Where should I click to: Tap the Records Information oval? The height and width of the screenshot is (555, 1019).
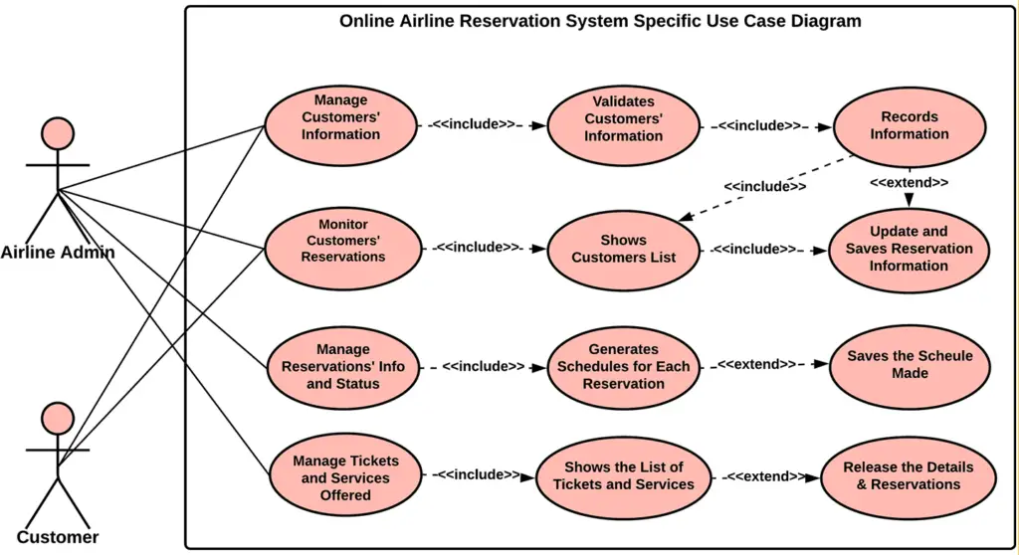coord(909,125)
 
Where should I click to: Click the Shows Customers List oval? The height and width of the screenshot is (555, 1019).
coord(623,249)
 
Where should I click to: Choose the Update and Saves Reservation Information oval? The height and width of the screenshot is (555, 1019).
coord(909,249)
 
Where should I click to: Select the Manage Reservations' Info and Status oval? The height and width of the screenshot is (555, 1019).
coord(342,367)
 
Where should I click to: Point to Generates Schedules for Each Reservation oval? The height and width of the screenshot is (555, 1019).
coord(623,367)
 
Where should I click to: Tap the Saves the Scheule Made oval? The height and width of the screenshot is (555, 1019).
coord(909,365)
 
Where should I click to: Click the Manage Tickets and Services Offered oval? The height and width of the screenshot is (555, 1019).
coord(344,477)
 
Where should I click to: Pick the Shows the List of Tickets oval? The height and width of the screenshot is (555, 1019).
coord(623,476)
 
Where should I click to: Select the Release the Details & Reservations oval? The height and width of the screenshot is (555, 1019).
coord(908,476)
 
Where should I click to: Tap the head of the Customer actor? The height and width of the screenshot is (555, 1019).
coord(58,418)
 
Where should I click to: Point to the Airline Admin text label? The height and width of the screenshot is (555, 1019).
coord(58,253)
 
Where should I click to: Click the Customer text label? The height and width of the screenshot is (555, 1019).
coord(58,538)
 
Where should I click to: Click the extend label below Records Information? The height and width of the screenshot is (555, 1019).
coord(909,183)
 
